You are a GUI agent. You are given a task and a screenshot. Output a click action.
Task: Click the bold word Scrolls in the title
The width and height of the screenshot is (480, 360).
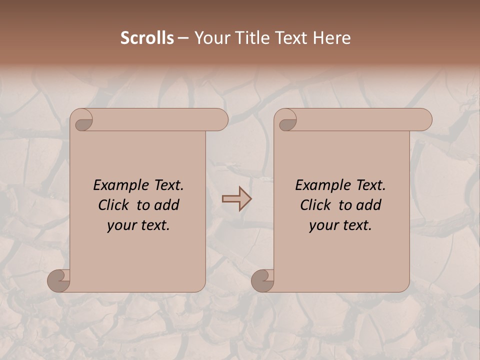147,38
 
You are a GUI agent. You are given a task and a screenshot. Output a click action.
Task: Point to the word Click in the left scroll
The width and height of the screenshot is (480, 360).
115,205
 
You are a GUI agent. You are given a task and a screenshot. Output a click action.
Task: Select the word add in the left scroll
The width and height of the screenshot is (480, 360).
167,205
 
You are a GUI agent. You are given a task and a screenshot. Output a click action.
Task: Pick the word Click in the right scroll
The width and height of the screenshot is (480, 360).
317,205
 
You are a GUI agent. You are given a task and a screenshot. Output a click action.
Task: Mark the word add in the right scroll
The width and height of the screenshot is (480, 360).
369,205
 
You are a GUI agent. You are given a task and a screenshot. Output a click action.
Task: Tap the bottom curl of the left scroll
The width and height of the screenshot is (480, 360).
58,280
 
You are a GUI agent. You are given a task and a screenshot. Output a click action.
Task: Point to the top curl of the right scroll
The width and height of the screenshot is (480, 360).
287,120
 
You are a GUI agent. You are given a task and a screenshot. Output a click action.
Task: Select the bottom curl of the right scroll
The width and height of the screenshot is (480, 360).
262,280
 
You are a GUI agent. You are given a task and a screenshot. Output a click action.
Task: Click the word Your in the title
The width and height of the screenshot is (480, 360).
209,38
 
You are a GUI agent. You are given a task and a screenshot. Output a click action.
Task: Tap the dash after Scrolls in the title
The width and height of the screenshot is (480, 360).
182,38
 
